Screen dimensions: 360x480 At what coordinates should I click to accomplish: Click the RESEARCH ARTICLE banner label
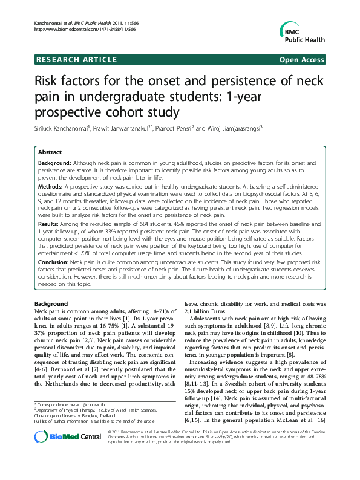tap(76, 59)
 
